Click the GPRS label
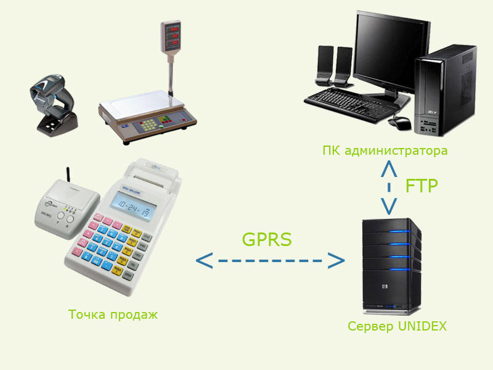point(266,239)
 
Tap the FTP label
point(422,186)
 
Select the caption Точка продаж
point(113,314)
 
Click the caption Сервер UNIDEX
point(397,326)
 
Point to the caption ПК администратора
point(385,150)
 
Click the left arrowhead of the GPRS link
point(204,260)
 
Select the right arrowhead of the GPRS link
point(335,260)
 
